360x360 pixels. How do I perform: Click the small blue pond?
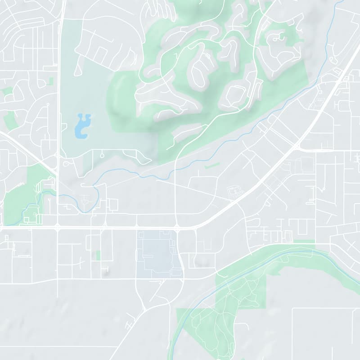click(x=82, y=126)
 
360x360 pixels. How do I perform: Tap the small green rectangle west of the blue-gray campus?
click(x=98, y=256)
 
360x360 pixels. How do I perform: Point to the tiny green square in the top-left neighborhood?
click(x=50, y=81)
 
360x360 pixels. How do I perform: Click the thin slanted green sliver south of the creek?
click(x=212, y=166)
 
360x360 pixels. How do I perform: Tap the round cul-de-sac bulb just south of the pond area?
click(x=102, y=156)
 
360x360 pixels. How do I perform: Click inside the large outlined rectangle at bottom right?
click(x=326, y=333)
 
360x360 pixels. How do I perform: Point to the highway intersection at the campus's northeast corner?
click(x=177, y=228)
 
